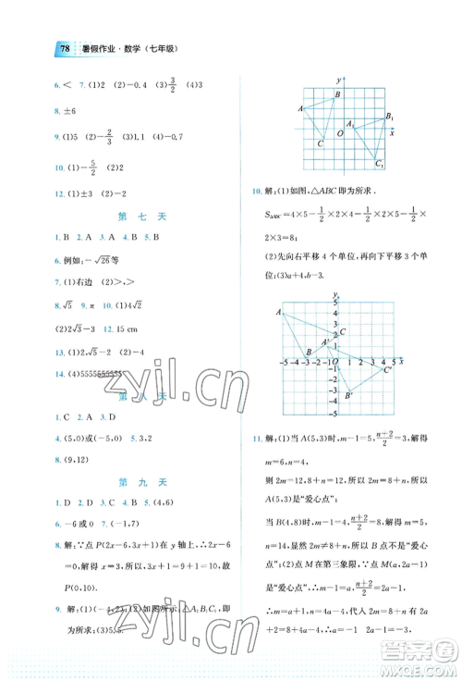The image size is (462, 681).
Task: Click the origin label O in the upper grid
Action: click(x=339, y=133)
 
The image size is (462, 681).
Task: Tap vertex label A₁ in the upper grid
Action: click(x=349, y=123)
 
